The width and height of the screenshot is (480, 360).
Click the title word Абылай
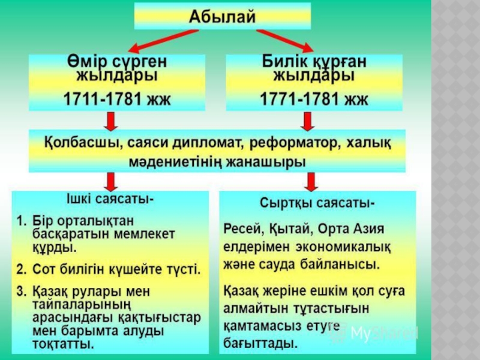click(223, 16)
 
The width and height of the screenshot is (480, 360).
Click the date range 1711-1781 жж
click(117, 97)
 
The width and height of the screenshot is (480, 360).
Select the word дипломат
click(200, 144)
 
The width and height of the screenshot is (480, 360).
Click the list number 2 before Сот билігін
click(21, 268)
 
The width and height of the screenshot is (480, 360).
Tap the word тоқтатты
click(63, 344)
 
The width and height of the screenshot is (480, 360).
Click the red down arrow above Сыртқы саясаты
click(310, 181)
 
